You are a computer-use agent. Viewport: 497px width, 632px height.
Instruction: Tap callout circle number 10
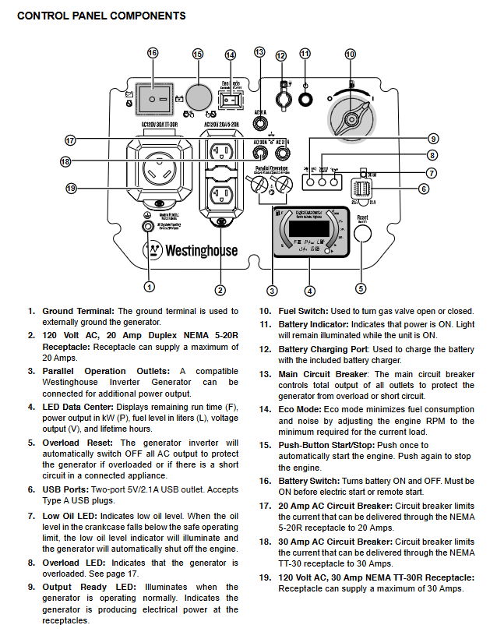tap(350, 54)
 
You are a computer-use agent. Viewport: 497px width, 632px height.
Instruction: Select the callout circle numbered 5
tap(361, 288)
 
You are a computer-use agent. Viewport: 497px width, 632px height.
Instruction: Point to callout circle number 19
tap(71, 188)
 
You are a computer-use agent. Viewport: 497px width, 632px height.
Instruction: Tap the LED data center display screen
tap(309, 228)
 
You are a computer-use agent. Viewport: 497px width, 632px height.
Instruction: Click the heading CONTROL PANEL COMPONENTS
tap(101, 16)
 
